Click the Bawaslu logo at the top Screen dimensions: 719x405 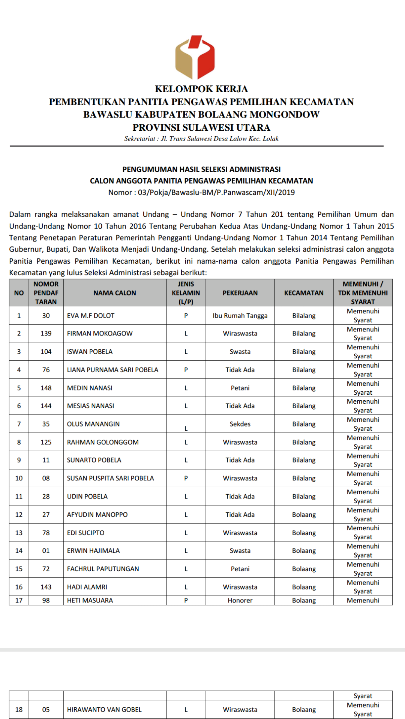click(195, 57)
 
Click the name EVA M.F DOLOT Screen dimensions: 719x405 click(91, 316)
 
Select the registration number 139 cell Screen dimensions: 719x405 click(46, 333)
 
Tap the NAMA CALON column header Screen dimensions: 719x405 click(115, 293)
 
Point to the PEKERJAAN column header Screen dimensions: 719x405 click(240, 293)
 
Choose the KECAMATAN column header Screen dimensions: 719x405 click(304, 293)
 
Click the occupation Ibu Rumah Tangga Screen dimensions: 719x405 click(240, 316)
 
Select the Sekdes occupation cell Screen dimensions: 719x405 click(240, 424)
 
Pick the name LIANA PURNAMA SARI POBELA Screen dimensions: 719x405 click(112, 370)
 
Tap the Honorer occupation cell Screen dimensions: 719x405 click(240, 600)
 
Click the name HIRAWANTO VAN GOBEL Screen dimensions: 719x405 click(104, 710)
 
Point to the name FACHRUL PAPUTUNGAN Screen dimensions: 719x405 click(103, 569)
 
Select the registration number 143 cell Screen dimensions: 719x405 click(46, 587)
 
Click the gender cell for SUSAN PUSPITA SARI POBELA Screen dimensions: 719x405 click(186, 478)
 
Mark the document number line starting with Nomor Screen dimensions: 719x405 click(201, 192)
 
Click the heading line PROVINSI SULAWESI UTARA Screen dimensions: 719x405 click(201, 127)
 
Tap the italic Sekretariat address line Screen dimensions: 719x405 click(201, 139)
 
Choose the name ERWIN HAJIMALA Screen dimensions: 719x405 click(93, 550)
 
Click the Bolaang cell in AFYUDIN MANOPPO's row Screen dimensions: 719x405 click(304, 515)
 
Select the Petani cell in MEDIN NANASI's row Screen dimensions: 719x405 click(240, 388)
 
